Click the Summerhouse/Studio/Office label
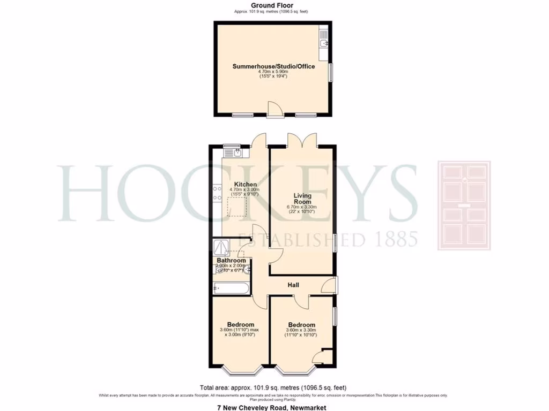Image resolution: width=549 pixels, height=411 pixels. click(x=273, y=67)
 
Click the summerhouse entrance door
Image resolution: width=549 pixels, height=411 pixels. click(x=274, y=109)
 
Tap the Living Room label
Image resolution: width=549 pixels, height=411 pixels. click(x=302, y=199)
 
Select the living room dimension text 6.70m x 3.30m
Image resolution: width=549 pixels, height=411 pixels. click(x=302, y=207)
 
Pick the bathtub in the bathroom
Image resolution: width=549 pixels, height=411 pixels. click(x=231, y=289)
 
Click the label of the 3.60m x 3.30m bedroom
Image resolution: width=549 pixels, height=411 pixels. click(x=301, y=325)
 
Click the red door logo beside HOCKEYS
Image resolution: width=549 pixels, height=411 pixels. click(x=464, y=205)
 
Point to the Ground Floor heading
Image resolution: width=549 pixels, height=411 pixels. click(x=272, y=5)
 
